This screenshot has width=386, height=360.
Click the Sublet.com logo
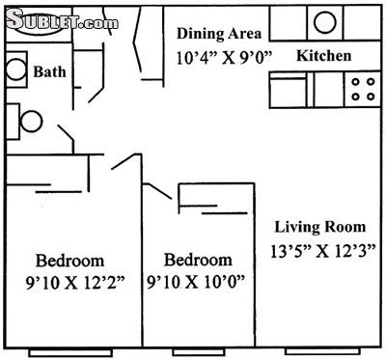[x=62, y=21]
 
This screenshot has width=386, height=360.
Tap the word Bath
[x=49, y=71]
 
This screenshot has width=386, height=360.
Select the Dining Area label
[x=219, y=34]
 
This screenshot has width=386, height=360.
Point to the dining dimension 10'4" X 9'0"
[x=225, y=58]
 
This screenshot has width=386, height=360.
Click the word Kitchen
[x=323, y=56]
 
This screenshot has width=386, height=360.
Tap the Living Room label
[x=320, y=227]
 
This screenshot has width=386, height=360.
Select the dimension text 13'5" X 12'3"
[x=322, y=251]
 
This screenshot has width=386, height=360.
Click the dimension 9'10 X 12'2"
[x=75, y=284]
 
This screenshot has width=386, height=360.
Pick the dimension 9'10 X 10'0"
[x=196, y=282]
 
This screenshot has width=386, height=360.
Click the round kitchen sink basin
[x=325, y=22]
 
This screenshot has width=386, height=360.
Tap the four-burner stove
[x=363, y=89]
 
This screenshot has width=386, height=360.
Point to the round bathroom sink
[x=15, y=69]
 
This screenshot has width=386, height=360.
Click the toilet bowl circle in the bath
[x=31, y=122]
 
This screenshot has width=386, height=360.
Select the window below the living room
[x=322, y=351]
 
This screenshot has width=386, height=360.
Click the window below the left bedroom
[x=70, y=352]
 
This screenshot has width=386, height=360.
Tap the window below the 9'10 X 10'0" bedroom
[x=198, y=352]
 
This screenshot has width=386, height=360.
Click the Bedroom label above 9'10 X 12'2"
[x=69, y=261]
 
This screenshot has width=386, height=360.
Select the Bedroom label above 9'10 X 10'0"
[x=198, y=260]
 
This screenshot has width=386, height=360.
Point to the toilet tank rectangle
[x=13, y=122]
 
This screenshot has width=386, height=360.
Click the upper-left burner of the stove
[x=355, y=82]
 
